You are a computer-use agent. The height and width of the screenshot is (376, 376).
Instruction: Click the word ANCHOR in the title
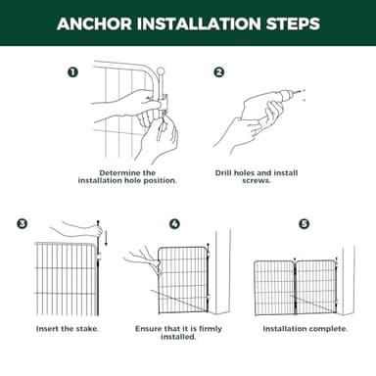(95, 23)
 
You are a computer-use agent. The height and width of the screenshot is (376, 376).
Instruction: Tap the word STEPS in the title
(293, 23)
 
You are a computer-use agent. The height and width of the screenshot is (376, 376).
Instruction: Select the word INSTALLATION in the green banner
(199, 23)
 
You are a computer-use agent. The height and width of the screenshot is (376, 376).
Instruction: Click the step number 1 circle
(72, 71)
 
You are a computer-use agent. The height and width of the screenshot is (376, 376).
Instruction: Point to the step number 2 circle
(219, 71)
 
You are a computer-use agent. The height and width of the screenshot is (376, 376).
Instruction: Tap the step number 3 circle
(23, 224)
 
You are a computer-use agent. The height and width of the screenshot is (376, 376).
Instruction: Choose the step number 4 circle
(174, 224)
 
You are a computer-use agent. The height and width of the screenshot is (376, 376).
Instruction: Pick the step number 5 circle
(305, 224)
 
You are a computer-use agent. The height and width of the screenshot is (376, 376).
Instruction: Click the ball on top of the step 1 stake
(161, 70)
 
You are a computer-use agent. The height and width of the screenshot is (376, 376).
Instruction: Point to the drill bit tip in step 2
(300, 91)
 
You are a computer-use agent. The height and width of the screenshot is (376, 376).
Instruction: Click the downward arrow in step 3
(106, 238)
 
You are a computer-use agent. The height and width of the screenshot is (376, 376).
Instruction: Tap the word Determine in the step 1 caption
(117, 173)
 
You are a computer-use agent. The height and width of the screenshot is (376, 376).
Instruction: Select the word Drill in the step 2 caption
(223, 173)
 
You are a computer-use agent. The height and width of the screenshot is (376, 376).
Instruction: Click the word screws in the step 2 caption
(256, 180)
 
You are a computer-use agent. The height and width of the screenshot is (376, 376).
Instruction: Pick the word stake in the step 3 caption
(86, 329)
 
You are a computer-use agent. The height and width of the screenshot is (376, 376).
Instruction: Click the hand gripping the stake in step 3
(94, 230)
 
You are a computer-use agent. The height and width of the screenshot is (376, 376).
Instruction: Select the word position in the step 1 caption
(162, 181)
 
